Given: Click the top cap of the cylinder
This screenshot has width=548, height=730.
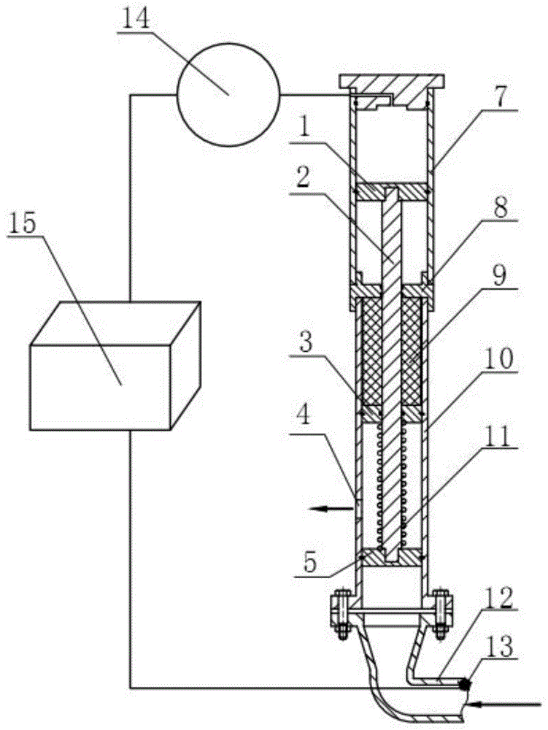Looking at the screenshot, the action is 392,82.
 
